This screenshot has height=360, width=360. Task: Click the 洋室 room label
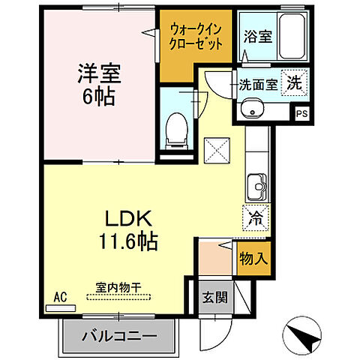coord(98,74)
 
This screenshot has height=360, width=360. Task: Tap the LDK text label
coord(123,219)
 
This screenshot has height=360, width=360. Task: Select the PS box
coord(301,114)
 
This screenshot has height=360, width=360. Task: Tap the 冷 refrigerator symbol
coord(255,218)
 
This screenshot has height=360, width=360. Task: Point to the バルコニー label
coord(120,334)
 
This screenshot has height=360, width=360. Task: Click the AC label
coord(59,298)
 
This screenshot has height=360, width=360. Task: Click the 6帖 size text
coord(98,97)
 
